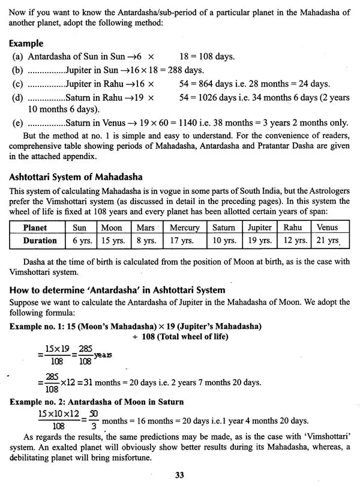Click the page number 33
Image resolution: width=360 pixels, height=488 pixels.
pyautogui.click(x=179, y=475)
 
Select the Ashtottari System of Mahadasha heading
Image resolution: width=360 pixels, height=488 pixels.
pyautogui.click(x=76, y=177)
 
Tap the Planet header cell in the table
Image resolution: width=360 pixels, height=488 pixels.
pyautogui.click(x=35, y=227)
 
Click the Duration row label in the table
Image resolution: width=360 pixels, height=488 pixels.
pyautogui.click(x=40, y=241)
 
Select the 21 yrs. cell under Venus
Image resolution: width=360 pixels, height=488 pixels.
pyautogui.click(x=329, y=241)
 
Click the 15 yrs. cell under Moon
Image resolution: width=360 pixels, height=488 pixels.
pyautogui.click(x=111, y=241)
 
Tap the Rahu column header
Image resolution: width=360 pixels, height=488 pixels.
pyautogui.click(x=293, y=227)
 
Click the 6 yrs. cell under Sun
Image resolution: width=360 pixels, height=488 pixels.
pyautogui.click(x=80, y=241)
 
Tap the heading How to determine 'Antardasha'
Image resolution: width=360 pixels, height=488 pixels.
pyautogui.click(x=118, y=290)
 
